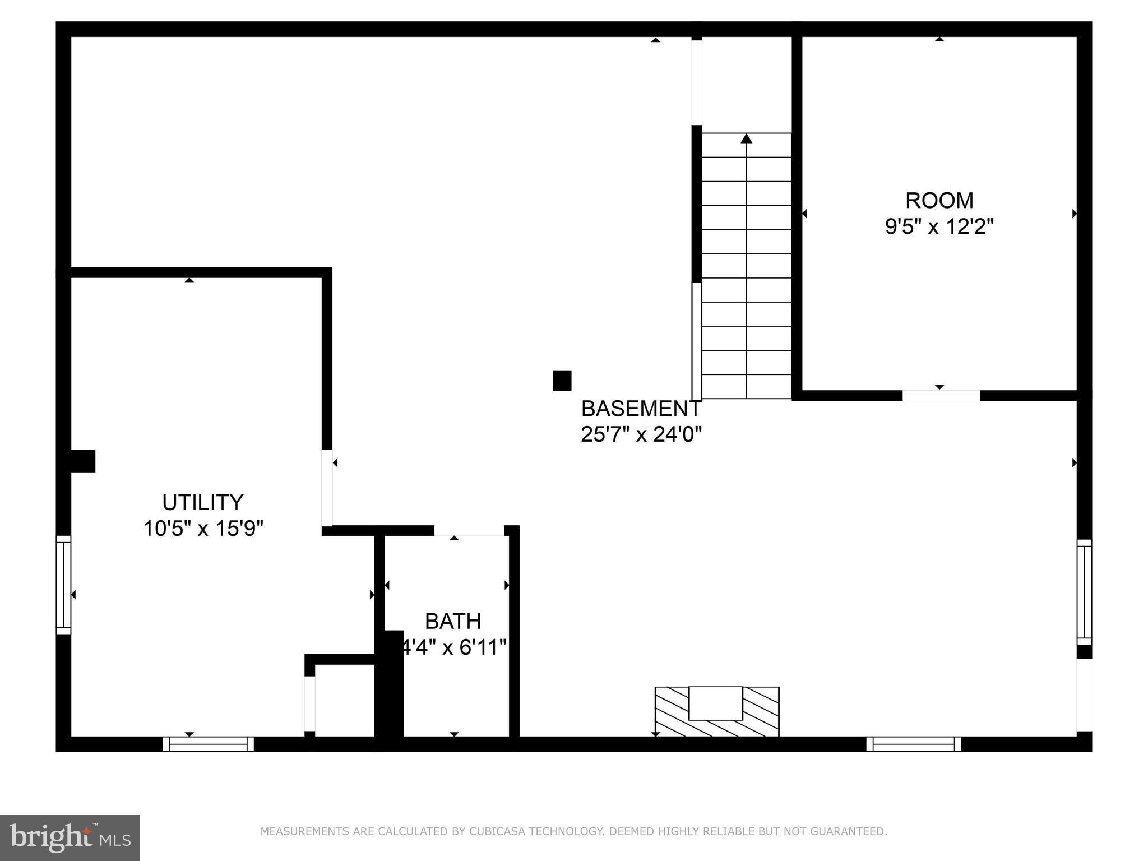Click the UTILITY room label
[x=203, y=502]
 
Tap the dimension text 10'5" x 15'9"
[x=203, y=529]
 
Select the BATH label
[x=453, y=621]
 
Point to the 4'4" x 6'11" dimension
[x=454, y=647]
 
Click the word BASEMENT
[x=641, y=409]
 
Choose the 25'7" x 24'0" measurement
[x=641, y=434]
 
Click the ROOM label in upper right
[x=939, y=200]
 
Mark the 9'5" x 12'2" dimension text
[x=939, y=226]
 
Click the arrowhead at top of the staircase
[x=746, y=138]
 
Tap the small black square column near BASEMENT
[x=562, y=381]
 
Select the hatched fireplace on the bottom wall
[x=717, y=711]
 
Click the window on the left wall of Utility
[x=63, y=585]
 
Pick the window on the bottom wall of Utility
[x=209, y=744]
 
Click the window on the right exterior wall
[x=1084, y=592]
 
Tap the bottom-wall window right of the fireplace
[x=914, y=744]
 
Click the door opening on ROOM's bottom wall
[x=941, y=395]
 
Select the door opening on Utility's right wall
[x=327, y=488]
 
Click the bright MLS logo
[x=70, y=837]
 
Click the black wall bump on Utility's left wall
[x=82, y=461]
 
